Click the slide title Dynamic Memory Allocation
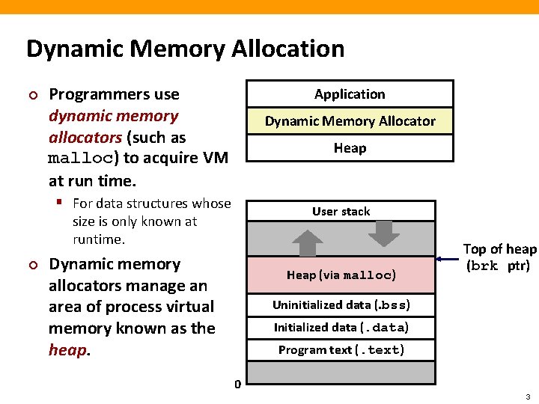[x=185, y=49]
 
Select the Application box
[x=350, y=94]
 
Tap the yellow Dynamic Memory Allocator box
[x=350, y=121]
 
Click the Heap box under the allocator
[x=350, y=148]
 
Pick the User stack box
[x=341, y=212]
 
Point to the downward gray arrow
[x=385, y=234]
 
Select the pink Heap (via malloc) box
[x=341, y=275]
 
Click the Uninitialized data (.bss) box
[x=341, y=305]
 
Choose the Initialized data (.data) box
[x=341, y=328]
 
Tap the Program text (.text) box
[x=341, y=350]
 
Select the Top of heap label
[x=499, y=257]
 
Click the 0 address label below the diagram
[x=237, y=385]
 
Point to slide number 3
[x=527, y=396]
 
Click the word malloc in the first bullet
[x=79, y=159]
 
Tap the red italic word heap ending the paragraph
[x=67, y=350]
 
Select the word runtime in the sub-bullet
[x=97, y=239]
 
